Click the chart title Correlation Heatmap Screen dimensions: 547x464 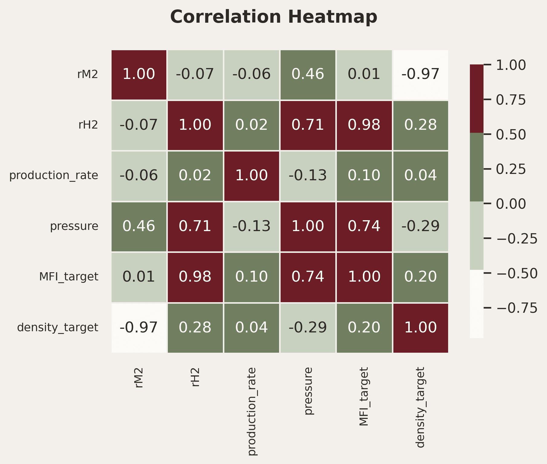[274, 17]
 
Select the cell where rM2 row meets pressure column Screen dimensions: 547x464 [308, 74]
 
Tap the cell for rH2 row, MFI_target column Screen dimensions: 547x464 [364, 125]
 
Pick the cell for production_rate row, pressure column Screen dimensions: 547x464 [308, 176]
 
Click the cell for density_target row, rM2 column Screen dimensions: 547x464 [139, 328]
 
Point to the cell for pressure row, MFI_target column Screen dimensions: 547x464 [364, 227]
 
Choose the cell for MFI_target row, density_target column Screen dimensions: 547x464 [421, 277]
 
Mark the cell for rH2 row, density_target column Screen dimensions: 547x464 [421, 125]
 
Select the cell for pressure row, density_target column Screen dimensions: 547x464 [421, 227]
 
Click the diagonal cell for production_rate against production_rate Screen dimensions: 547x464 [252, 176]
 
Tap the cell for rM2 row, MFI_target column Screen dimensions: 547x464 [364, 74]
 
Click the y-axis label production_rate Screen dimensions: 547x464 [54, 176]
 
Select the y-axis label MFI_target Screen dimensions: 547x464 [69, 277]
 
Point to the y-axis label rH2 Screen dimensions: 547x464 [88, 125]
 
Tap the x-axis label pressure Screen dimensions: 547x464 [309, 391]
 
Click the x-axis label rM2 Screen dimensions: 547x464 [139, 377]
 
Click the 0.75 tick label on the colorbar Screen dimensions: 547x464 [511, 100]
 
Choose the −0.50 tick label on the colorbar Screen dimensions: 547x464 [517, 273]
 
